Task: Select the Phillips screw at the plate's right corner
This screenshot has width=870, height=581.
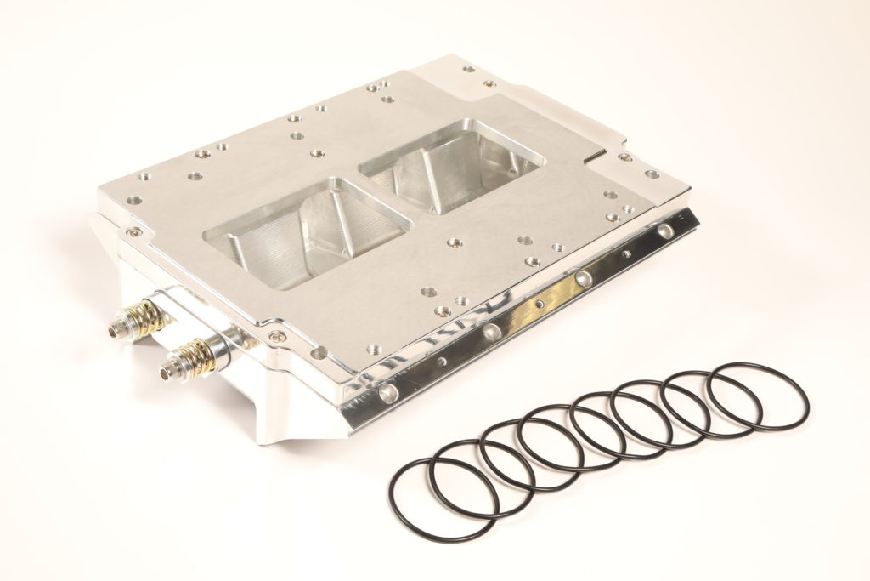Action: [625, 157]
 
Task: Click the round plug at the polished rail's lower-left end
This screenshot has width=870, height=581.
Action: [387, 391]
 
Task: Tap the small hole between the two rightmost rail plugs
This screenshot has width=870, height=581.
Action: [625, 253]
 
